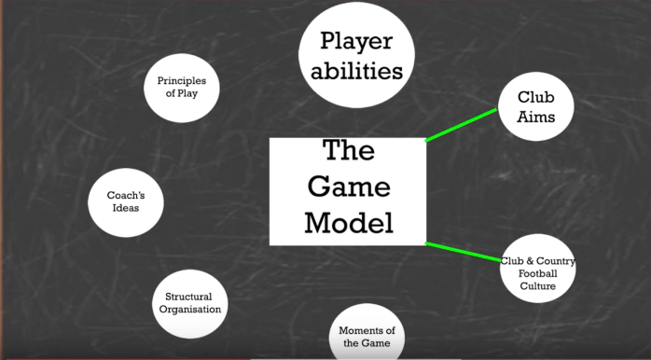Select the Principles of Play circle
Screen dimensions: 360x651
pos(181,87)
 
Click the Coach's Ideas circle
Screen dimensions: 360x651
pos(126,201)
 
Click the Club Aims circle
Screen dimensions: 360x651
pos(535,106)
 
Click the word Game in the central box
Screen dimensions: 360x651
pos(349,187)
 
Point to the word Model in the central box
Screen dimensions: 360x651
pos(349,223)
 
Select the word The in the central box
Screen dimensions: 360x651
pos(349,151)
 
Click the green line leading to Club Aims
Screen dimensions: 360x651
pos(462,125)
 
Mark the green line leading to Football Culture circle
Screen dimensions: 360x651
pos(464,253)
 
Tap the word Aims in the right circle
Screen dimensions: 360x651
pos(536,118)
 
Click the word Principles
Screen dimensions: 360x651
pos(182,80)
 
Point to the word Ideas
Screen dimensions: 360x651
pos(125,209)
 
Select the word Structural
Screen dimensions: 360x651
pos(190,297)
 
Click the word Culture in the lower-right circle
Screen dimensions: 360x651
pos(538,286)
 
